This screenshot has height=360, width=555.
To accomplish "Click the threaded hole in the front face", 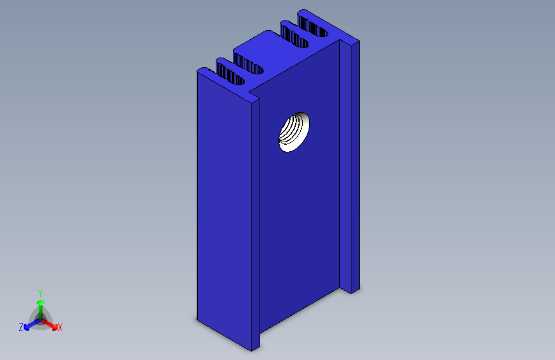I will point(294,131).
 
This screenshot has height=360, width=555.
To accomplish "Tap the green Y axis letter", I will point(40,291).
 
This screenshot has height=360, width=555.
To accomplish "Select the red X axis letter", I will point(60,328).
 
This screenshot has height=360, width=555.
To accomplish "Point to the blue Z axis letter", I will point(21,327).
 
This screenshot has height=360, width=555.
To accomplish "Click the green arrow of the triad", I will point(40,304).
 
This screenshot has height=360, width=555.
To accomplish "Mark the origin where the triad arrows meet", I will point(40,318).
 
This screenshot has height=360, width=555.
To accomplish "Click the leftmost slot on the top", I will point(231,72).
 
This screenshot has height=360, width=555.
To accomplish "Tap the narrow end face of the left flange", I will point(255,224).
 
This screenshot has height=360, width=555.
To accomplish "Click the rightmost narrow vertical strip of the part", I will point(354,167).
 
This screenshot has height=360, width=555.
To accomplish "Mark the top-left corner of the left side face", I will point(197,72).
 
